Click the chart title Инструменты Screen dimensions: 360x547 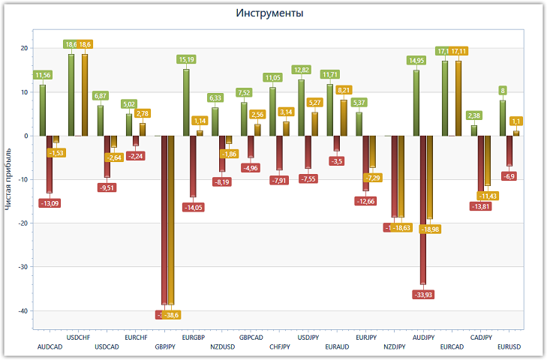click(x=273, y=13)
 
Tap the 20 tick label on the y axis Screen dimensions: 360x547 click(x=24, y=49)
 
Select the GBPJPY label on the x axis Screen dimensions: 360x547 click(x=165, y=347)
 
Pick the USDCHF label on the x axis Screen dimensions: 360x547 click(x=79, y=337)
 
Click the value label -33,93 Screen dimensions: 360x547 click(x=422, y=294)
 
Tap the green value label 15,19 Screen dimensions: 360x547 click(x=186, y=59)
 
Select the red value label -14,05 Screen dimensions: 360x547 click(x=194, y=207)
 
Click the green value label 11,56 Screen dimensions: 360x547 click(x=43, y=75)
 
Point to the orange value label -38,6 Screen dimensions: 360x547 click(x=172, y=314)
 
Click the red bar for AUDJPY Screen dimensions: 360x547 click(x=423, y=210)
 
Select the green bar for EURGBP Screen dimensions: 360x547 click(x=186, y=102)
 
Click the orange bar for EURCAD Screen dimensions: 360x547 click(x=458, y=97)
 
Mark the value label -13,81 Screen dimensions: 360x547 click(x=480, y=206)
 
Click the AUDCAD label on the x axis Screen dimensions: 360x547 click(x=50, y=347)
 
